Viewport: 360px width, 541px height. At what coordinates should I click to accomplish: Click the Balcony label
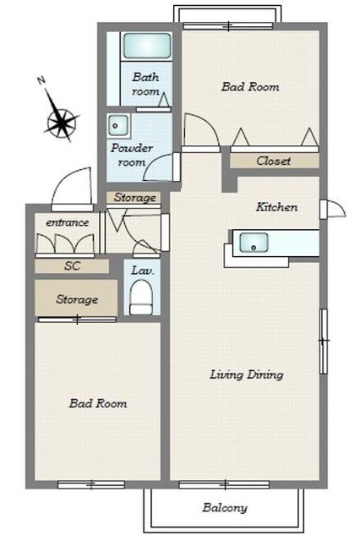tap(225, 508)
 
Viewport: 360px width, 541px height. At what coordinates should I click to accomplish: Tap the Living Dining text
tap(247, 374)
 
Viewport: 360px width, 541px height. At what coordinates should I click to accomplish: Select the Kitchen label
tap(276, 207)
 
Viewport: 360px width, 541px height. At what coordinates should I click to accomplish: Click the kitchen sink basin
tap(254, 243)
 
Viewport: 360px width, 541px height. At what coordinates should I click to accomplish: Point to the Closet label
tap(274, 161)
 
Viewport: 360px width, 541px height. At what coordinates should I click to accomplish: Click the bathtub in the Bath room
tap(147, 46)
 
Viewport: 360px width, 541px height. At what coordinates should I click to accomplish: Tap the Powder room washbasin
tap(118, 125)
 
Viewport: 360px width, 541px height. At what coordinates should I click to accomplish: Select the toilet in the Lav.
tap(141, 298)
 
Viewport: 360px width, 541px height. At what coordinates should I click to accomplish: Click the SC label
tap(73, 265)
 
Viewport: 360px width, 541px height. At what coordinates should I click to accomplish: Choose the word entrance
tap(68, 222)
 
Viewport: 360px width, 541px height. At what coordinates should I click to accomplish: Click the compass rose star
tap(61, 120)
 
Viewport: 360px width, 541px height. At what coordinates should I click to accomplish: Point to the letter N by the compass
tap(41, 81)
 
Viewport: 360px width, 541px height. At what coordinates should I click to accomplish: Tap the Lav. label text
tap(143, 270)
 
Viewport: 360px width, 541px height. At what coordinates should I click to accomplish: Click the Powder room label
tap(132, 155)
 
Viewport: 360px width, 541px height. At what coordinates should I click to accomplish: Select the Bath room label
tap(145, 84)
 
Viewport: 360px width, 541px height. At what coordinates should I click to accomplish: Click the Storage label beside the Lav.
tap(77, 299)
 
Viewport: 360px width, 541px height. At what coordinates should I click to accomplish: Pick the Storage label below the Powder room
tap(135, 197)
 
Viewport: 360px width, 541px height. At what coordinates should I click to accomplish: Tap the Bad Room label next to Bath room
tap(250, 86)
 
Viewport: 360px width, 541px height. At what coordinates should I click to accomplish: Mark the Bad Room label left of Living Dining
tap(98, 403)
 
